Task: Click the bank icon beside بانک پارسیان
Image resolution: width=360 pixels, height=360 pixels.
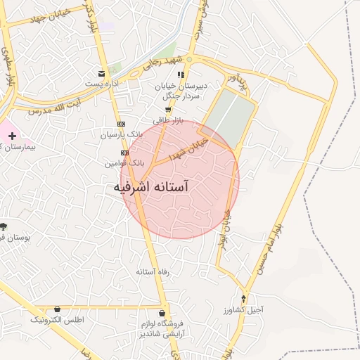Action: click(121, 123)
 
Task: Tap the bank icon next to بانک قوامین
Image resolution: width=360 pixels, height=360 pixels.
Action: click(124, 152)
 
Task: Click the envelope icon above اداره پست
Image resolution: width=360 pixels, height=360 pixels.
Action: click(102, 73)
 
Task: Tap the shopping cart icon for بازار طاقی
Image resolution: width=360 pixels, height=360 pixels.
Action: click(167, 110)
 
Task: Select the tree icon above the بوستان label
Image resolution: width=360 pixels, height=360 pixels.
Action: click(4, 226)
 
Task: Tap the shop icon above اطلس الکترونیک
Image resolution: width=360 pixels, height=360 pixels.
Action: click(57, 309)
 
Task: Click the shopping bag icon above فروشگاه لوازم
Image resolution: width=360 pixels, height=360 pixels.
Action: click(162, 313)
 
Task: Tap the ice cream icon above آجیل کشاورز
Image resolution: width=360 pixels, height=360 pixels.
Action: click(244, 299)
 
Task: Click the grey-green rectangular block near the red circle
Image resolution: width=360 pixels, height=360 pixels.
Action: click(231, 114)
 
